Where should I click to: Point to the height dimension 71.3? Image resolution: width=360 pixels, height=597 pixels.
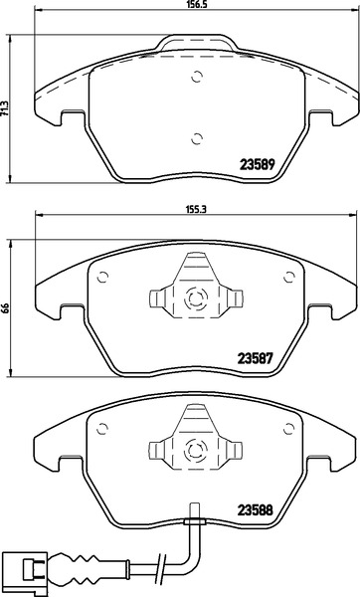[5, 108]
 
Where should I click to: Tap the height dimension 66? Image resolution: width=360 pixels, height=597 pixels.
[5, 308]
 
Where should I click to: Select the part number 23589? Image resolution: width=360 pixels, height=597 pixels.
[258, 164]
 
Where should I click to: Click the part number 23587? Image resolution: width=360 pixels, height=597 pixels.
[256, 358]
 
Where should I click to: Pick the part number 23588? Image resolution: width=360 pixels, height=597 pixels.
[256, 510]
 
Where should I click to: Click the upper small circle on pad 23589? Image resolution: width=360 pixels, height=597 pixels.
[197, 78]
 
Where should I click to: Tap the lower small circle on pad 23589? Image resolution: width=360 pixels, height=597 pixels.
[197, 139]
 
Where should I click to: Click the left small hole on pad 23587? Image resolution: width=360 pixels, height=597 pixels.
[102, 278]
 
